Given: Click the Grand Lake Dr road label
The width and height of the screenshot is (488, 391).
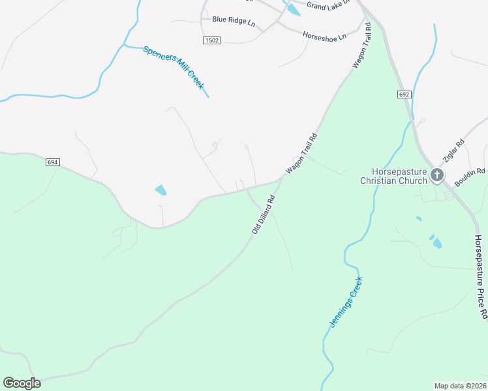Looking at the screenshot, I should [329, 5].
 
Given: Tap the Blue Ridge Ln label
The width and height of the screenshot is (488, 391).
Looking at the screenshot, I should [233, 20].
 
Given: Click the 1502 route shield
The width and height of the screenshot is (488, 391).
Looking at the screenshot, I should [211, 40].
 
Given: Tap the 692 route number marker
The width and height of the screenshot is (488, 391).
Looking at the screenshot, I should [404, 94].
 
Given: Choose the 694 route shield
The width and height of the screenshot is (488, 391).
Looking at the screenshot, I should [53, 162].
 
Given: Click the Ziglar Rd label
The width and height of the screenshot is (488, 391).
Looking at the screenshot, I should [452, 151].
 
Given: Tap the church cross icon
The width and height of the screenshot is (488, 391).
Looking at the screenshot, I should [436, 175].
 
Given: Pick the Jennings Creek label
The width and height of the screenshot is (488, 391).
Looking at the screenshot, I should [345, 302].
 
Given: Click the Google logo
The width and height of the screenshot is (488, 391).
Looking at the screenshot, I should [22, 383].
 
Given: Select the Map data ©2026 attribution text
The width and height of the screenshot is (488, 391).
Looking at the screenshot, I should [461, 385].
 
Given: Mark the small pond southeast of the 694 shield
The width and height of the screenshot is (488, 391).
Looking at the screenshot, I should [160, 190].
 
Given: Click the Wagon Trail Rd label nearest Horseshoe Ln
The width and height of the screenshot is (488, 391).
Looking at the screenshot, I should [361, 46].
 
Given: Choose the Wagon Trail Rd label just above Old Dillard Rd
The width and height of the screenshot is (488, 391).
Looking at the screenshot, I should [301, 154].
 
